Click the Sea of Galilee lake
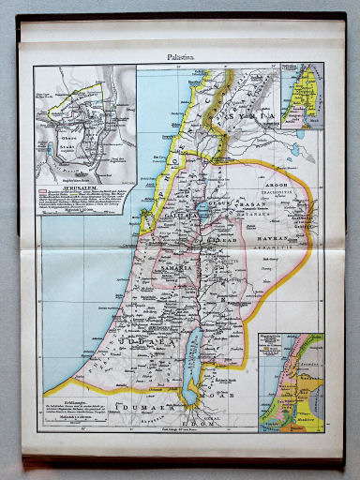(200, 209)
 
